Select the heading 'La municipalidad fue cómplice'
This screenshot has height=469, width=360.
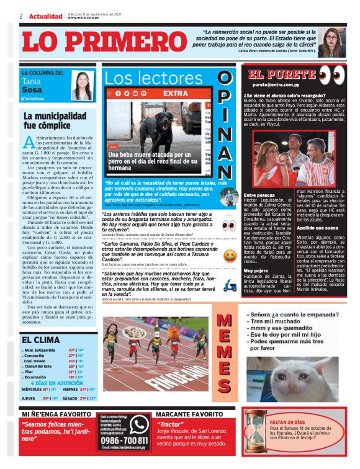[55, 120]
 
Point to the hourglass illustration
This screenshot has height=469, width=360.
[254, 434]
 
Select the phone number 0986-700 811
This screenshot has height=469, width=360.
[125, 440]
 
